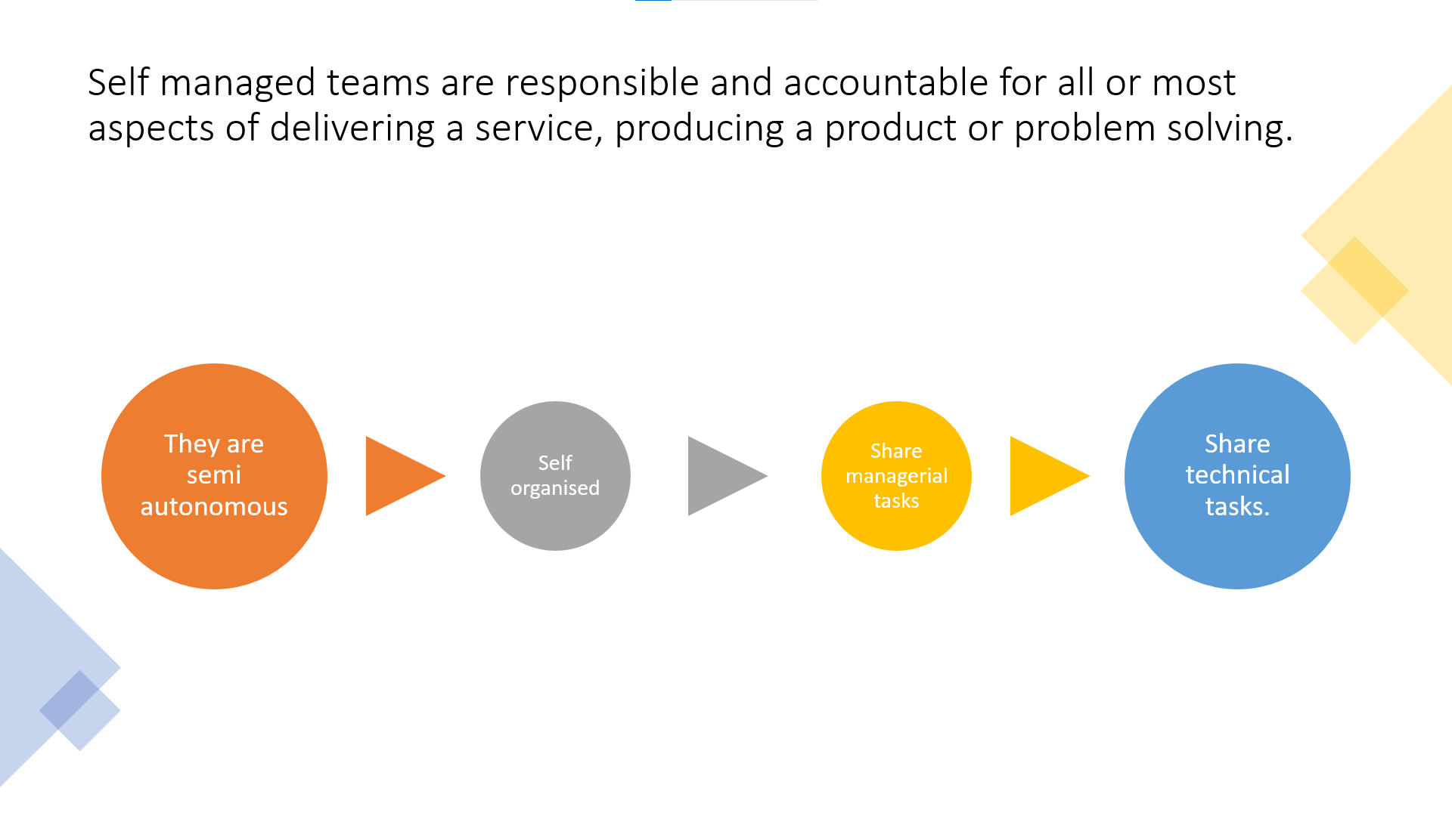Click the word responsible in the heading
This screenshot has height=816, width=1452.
click(x=602, y=82)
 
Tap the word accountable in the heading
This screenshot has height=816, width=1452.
click(x=886, y=82)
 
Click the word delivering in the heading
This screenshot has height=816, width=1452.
click(x=352, y=128)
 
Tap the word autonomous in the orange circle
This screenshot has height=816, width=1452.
click(x=214, y=506)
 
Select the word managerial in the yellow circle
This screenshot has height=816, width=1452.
click(x=896, y=476)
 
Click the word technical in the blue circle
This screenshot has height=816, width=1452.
click(x=1237, y=475)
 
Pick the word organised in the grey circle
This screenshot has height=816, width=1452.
click(x=555, y=488)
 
